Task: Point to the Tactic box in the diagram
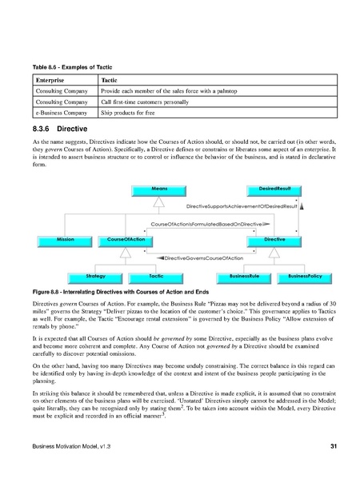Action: point(156,276)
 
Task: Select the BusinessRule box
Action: point(244,276)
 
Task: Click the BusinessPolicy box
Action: point(303,276)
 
